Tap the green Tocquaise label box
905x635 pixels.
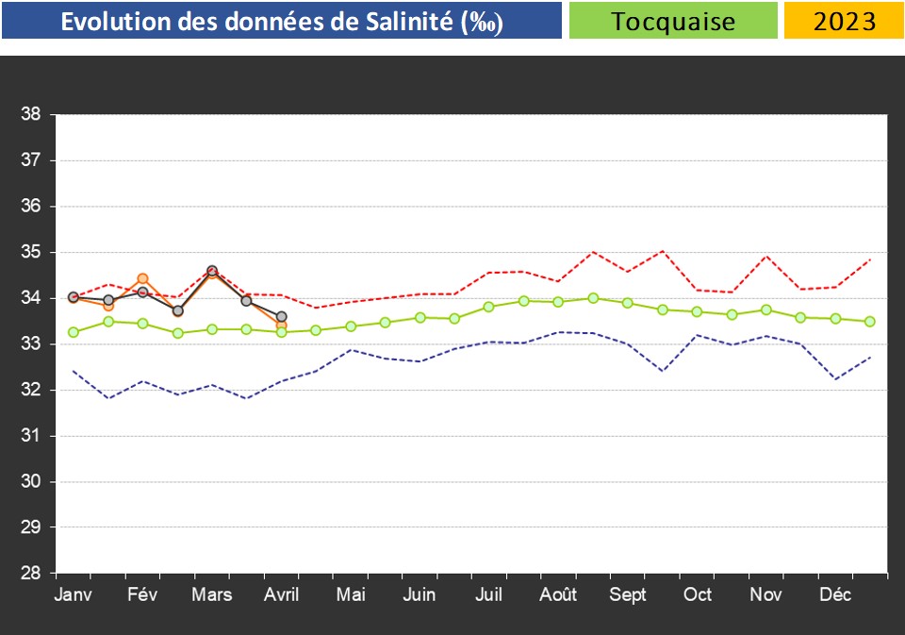673,21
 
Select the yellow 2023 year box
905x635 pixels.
844,21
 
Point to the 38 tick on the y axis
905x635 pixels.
30,115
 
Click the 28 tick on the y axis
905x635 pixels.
30,573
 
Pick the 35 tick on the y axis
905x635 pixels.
30,252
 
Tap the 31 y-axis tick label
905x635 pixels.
30,436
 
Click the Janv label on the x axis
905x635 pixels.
74,595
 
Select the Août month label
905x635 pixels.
559,595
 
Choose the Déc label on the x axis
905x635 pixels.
836,595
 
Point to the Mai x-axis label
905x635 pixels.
351,595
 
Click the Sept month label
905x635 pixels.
628,595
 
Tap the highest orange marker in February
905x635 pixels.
142,278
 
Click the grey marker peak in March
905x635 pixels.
212,271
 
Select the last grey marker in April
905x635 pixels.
281,317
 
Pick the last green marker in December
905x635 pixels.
870,322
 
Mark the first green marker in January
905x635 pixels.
74,332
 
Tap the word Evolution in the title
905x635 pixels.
116,22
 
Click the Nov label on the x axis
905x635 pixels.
766,595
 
